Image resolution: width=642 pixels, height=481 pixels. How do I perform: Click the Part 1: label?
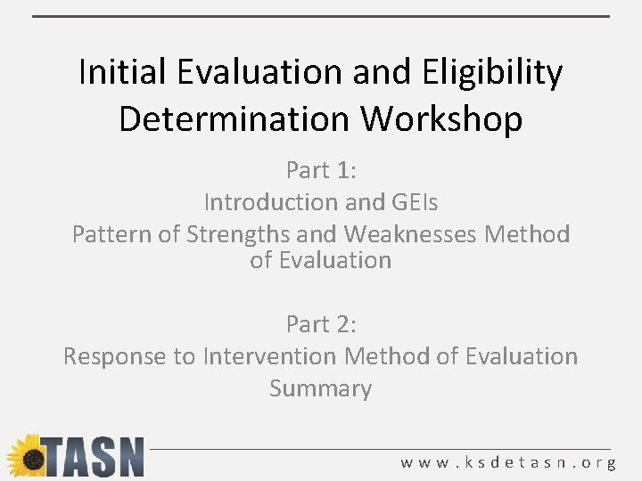pos(321,169)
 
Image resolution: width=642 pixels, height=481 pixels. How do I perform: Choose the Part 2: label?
pos(321,323)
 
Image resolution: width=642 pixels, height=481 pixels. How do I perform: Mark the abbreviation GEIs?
pos(414,202)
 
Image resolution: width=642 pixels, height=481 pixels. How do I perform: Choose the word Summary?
pos(321,389)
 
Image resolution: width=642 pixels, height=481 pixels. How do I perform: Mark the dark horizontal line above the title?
pos(321,16)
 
